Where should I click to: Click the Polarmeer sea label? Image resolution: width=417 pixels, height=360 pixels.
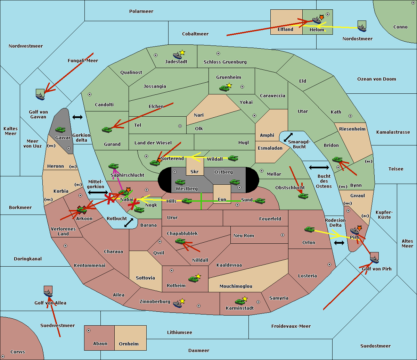pyautogui.click(x=141, y=11)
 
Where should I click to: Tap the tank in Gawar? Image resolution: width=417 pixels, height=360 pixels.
pyautogui.click(x=60, y=130)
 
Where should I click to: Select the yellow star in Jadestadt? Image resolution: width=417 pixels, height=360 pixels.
pyautogui.click(x=182, y=52)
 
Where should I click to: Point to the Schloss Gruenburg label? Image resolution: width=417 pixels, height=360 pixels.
pyautogui.click(x=225, y=62)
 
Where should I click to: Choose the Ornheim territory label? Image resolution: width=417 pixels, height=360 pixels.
pyautogui.click(x=129, y=344)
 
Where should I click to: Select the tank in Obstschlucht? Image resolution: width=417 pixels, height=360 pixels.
pyautogui.click(x=303, y=196)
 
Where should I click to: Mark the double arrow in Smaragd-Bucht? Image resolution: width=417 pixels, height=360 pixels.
pyautogui.click(x=288, y=137)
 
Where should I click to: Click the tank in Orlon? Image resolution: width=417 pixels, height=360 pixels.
pyautogui.click(x=309, y=229)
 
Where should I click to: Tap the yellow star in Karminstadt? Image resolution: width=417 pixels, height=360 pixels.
pyautogui.click(x=245, y=299)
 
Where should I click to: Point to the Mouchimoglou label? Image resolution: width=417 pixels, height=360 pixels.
pyautogui.click(x=236, y=286)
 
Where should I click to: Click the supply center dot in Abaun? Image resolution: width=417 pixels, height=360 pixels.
pyautogui.click(x=89, y=330)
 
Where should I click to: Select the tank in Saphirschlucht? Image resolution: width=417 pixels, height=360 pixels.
pyautogui.click(x=114, y=166)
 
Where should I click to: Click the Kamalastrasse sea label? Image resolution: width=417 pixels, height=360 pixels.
pyautogui.click(x=393, y=132)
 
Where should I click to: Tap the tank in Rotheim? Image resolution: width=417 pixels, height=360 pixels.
pyautogui.click(x=193, y=279)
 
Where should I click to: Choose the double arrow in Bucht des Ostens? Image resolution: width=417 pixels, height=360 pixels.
pyautogui.click(x=319, y=168)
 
